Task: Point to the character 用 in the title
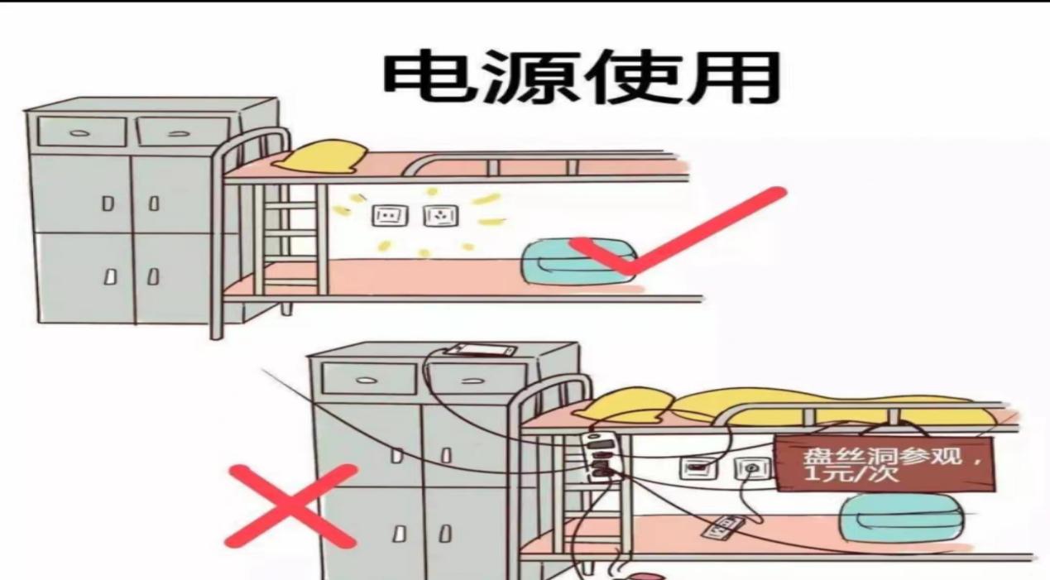tap(732, 77)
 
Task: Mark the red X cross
tap(291, 506)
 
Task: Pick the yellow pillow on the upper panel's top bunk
tap(320, 156)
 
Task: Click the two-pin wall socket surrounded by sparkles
tap(390, 216)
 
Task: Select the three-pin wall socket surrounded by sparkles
tap(441, 216)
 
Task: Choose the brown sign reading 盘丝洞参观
tap(883, 464)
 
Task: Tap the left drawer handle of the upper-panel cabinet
tap(80, 133)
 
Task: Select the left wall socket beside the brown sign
tap(698, 468)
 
